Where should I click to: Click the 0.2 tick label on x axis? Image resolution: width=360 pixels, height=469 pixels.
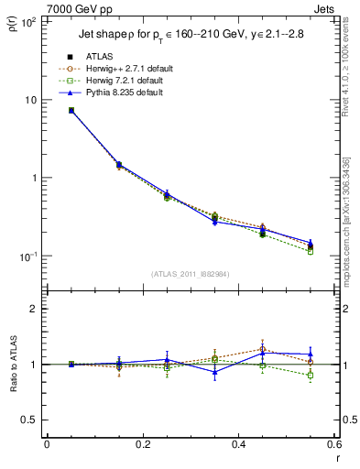(142, 445)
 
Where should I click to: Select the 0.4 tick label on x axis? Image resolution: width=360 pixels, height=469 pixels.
(238, 445)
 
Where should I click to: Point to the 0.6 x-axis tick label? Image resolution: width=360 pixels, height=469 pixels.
(333, 445)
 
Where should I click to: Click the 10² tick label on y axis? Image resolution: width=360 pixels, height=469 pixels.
(28, 22)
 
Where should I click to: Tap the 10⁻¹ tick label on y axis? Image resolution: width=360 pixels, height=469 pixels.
(28, 256)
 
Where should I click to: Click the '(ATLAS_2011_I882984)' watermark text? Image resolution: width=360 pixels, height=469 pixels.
(190, 273)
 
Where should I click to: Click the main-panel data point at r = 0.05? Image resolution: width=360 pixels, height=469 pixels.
(71, 110)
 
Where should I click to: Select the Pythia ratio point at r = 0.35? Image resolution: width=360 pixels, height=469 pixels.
(214, 372)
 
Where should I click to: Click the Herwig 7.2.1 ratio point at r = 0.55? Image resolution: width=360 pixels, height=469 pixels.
(311, 376)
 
